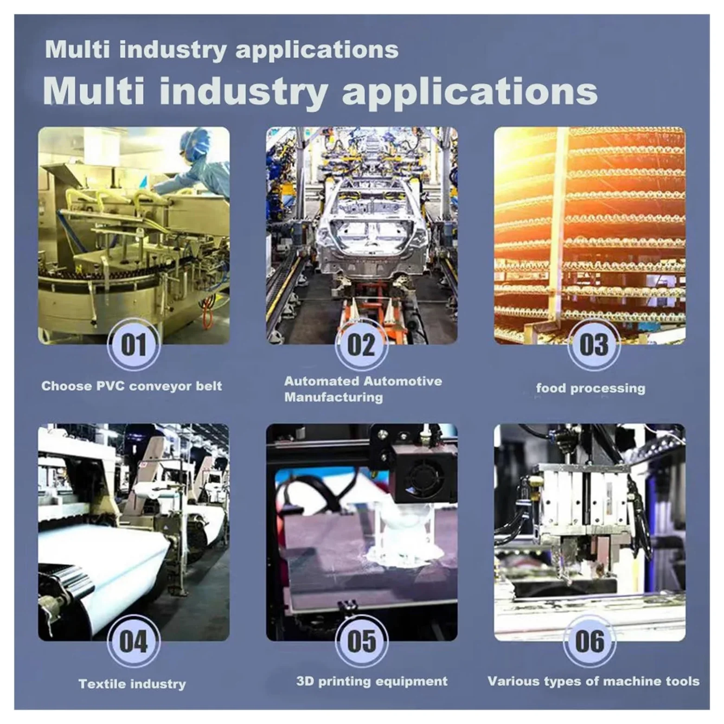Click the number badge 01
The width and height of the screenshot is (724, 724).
click(x=134, y=345)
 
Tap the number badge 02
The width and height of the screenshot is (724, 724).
click(x=361, y=345)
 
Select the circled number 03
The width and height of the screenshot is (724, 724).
click(x=594, y=345)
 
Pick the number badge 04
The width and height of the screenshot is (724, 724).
click(x=134, y=641)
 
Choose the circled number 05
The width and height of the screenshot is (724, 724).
click(x=361, y=641)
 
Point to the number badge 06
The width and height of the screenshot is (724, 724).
click(x=589, y=641)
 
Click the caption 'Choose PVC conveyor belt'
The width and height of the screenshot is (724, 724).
click(x=132, y=386)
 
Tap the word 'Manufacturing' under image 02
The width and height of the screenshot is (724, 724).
click(x=333, y=397)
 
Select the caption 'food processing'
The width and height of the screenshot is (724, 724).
click(x=590, y=388)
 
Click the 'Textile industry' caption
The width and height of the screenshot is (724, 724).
click(x=132, y=684)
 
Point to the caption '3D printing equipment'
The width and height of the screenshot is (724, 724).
click(x=372, y=681)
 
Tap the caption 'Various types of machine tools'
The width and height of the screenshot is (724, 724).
click(x=593, y=681)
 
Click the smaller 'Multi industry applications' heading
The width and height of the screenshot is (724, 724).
click(x=222, y=50)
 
